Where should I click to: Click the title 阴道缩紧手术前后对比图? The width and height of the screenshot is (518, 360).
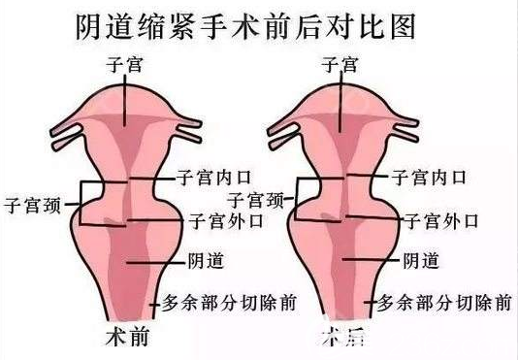pos(244,26)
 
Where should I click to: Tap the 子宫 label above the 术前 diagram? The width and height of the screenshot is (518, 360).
pos(124,66)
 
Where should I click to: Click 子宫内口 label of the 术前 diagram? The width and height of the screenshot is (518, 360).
pos(215,178)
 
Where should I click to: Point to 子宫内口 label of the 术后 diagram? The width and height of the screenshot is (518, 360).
pos(428,178)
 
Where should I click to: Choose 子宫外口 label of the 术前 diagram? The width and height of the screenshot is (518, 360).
pos(227,220)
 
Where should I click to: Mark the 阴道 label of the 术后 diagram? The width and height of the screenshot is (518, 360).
pos(419,260)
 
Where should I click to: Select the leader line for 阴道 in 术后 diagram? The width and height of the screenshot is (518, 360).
pos(372,260)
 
